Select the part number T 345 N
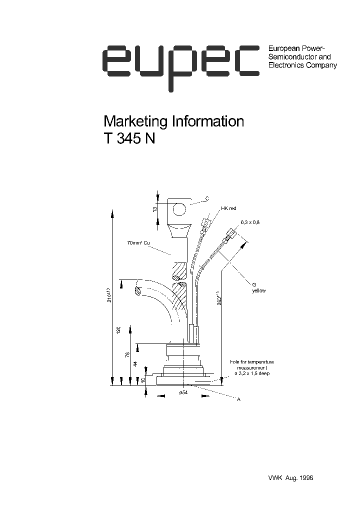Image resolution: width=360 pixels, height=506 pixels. pos(129,139)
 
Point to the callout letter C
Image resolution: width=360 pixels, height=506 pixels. pos(207,199)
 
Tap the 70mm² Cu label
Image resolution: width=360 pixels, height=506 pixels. pos(138,243)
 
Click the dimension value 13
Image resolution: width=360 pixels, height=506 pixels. pos(155,208)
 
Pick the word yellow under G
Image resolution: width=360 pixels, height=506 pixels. pos(259,291)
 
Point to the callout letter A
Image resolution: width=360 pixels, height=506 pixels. pos(238,399)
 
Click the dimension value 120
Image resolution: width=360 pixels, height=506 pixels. pos(118,330)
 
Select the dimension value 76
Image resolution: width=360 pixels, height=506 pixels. pos(127,354)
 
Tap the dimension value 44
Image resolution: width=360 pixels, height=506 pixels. pos(134,364)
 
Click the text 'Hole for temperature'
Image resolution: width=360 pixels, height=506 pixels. pos(252,361)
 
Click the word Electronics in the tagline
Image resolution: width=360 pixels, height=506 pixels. pos(285,65)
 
